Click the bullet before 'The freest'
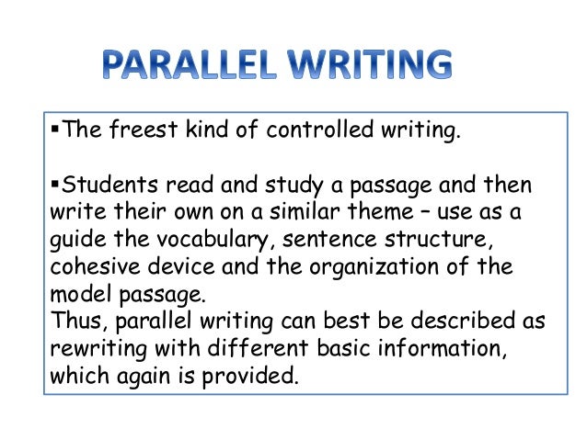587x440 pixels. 50,130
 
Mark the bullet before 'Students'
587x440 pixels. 50,186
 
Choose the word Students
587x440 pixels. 98,186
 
